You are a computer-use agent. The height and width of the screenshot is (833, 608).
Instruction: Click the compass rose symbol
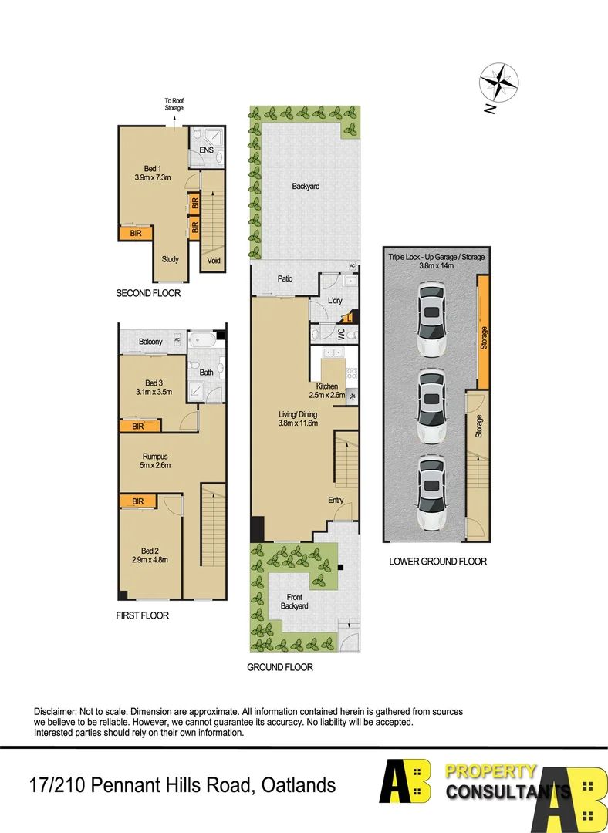pos(498,83)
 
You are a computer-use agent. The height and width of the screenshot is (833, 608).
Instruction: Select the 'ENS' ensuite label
pos(206,150)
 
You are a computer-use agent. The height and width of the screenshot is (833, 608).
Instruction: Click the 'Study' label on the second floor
pos(171,259)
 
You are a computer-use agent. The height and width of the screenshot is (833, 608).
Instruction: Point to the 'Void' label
pos(214,261)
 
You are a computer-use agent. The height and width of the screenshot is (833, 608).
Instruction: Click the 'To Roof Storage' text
pos(174,104)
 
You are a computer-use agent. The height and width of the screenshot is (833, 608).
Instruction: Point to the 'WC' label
pos(340,334)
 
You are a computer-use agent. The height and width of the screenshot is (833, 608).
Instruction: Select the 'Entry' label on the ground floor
pos(336,501)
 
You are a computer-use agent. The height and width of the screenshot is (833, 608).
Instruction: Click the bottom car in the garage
pos(430,492)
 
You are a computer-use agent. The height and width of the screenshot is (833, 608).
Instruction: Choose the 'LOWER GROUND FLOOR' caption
pos(437,562)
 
